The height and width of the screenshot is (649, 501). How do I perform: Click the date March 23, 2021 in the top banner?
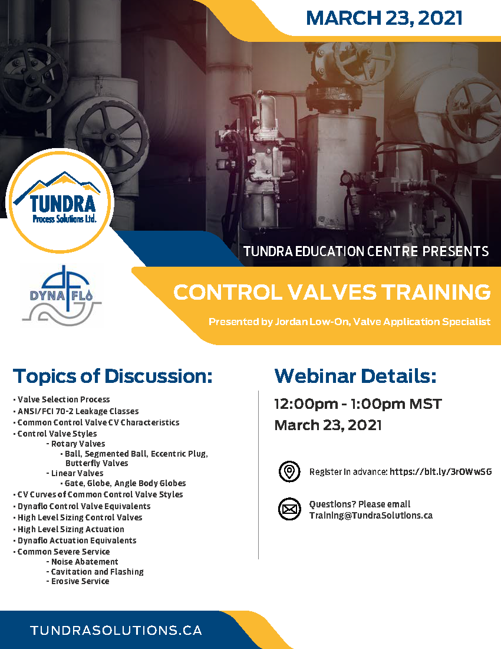384,18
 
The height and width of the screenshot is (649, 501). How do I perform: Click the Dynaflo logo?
61,295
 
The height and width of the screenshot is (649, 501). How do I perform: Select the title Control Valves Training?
332,292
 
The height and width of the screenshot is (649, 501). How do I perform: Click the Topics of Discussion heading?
113,376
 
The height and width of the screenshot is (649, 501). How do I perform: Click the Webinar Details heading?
355,376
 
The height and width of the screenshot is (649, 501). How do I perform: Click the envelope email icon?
289,509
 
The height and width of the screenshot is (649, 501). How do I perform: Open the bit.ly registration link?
440,472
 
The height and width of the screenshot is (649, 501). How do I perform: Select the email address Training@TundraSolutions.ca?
371,515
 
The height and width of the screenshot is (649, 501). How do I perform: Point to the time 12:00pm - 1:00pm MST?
358,405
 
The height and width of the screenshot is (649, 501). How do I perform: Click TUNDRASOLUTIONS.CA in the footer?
116,630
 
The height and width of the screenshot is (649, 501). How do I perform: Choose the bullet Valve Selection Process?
64,399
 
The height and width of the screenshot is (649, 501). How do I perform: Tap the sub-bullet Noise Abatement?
84,562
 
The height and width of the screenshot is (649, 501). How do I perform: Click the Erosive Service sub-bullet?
80,581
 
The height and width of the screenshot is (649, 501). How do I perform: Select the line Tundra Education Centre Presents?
366,251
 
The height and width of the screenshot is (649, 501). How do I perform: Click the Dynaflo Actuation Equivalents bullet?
77,540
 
